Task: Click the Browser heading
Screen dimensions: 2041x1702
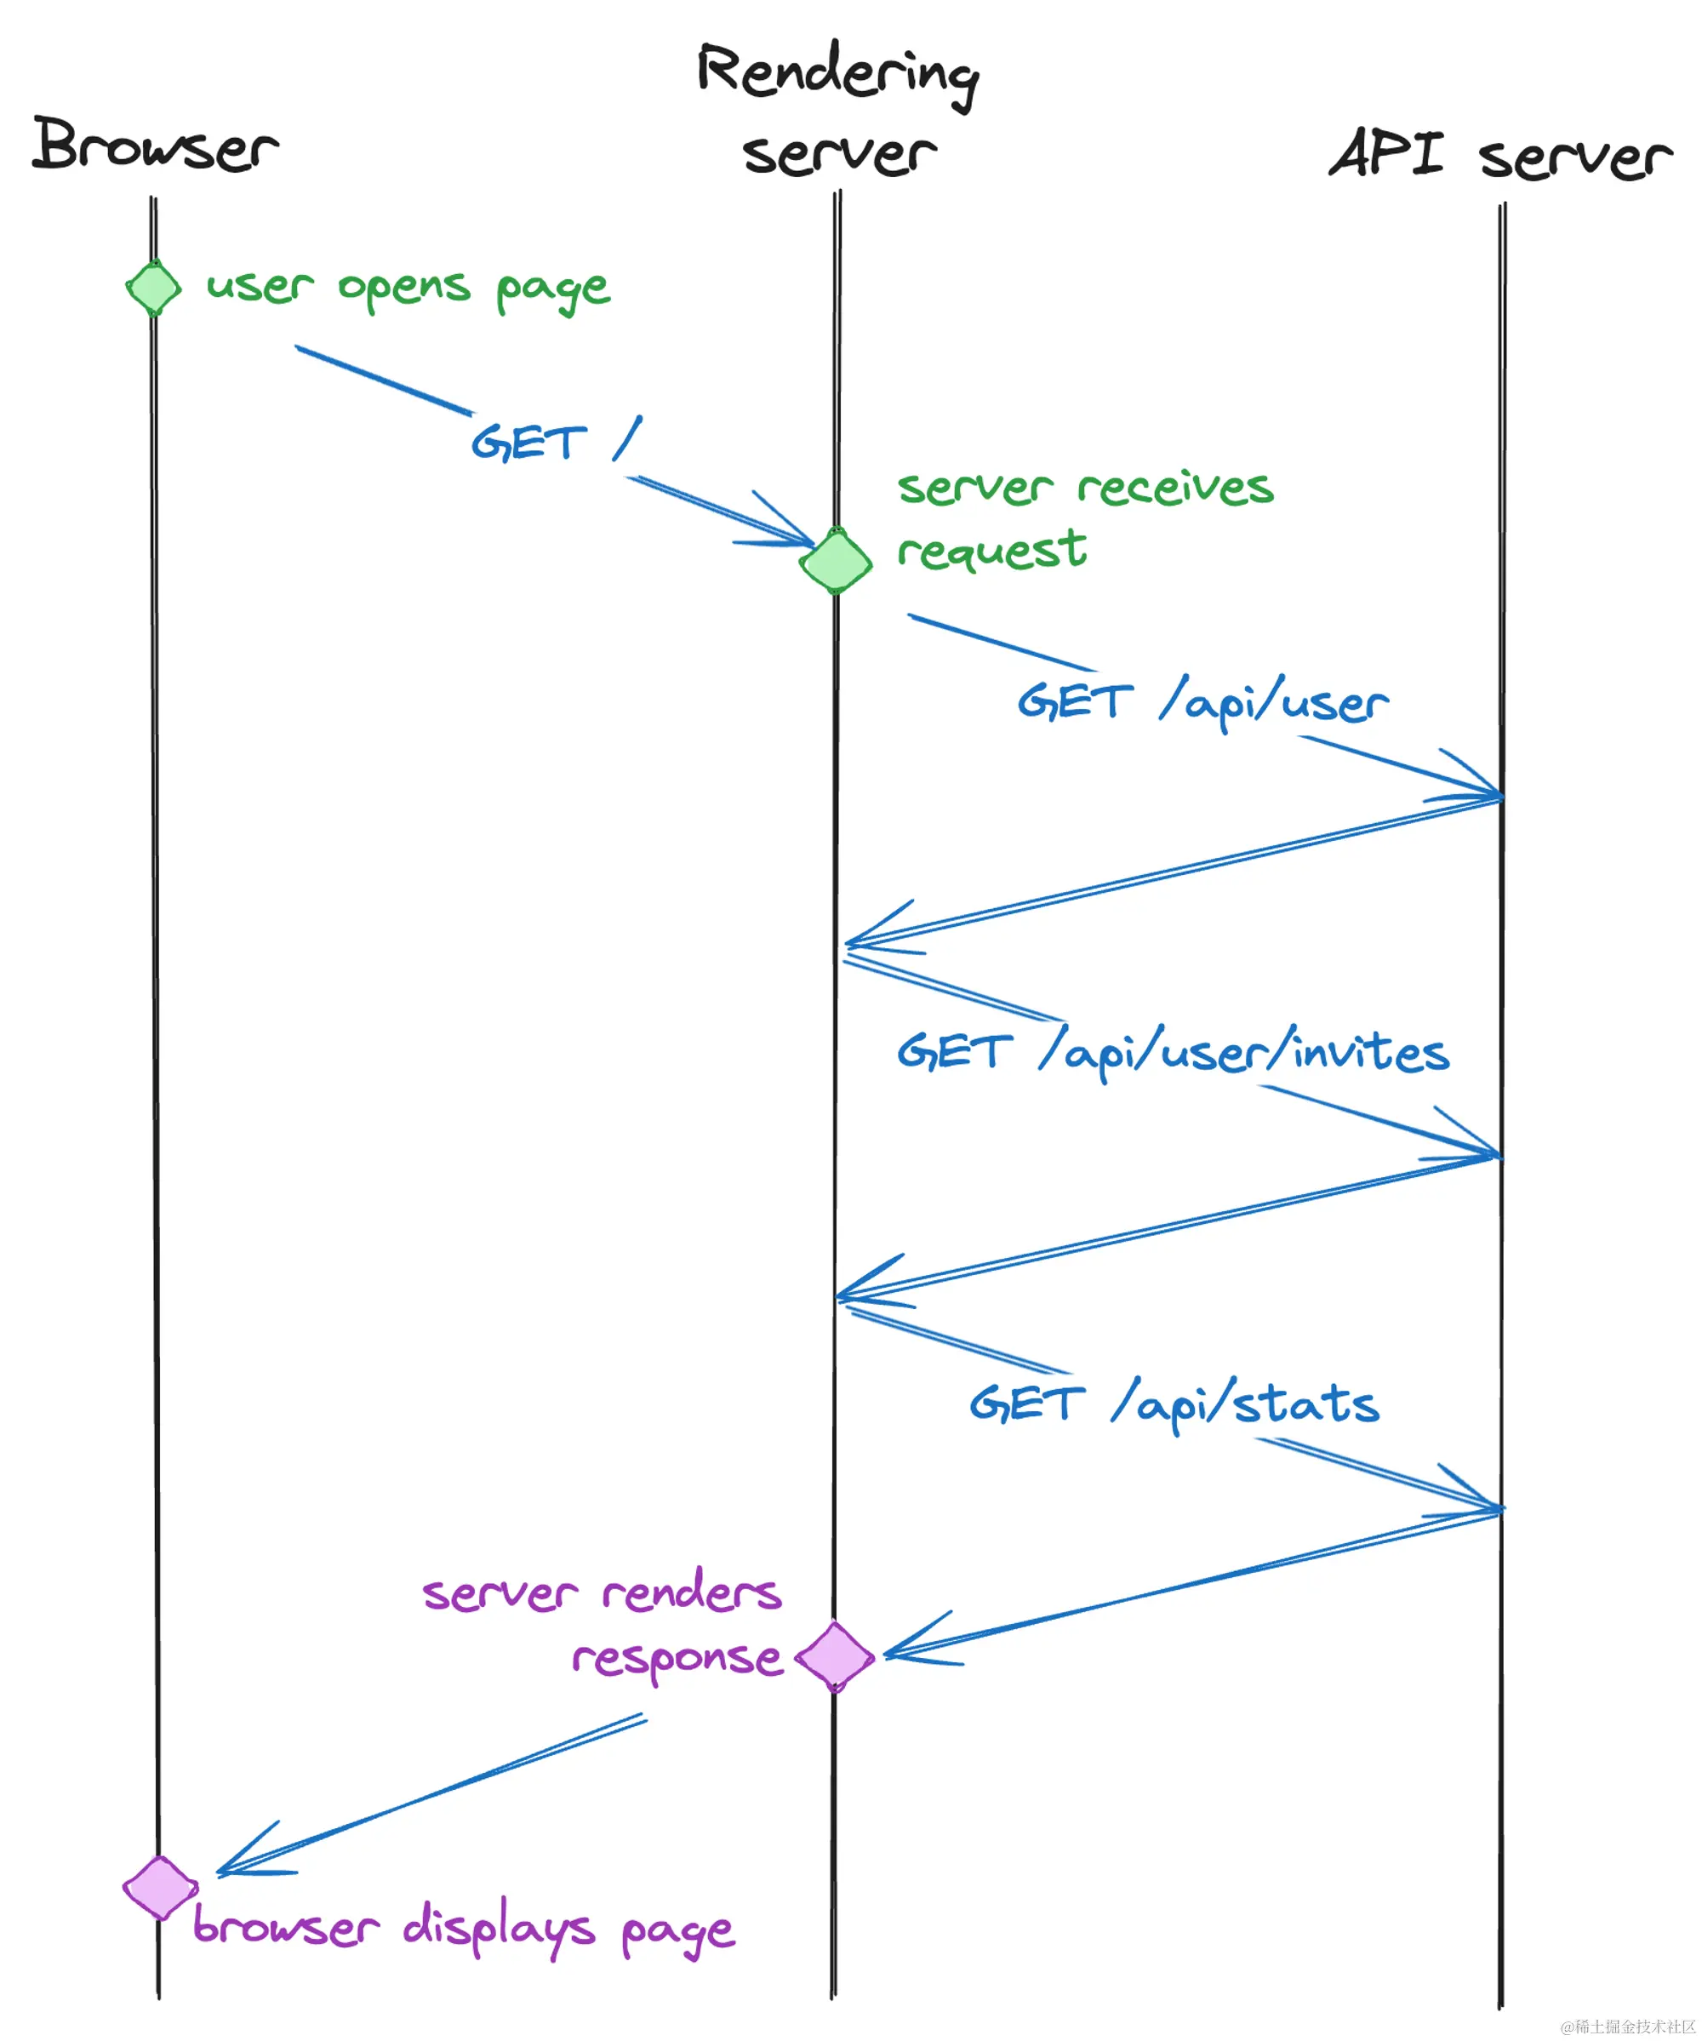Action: (156, 146)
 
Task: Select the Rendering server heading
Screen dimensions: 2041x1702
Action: (838, 111)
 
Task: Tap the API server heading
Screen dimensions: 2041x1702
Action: (1499, 156)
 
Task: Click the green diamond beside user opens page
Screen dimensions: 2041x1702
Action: (153, 288)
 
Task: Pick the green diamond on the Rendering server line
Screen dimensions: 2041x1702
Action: (835, 561)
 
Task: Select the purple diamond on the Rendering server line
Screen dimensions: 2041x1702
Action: (835, 1656)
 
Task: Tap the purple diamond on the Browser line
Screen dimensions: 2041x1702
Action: (159, 1888)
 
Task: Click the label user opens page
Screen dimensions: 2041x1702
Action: (408, 289)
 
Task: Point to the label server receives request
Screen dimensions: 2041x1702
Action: (1084, 518)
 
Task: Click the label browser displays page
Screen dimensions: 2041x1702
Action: (464, 1929)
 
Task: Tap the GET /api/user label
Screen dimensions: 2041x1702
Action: (1202, 701)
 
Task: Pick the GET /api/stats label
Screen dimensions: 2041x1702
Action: (1174, 1404)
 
